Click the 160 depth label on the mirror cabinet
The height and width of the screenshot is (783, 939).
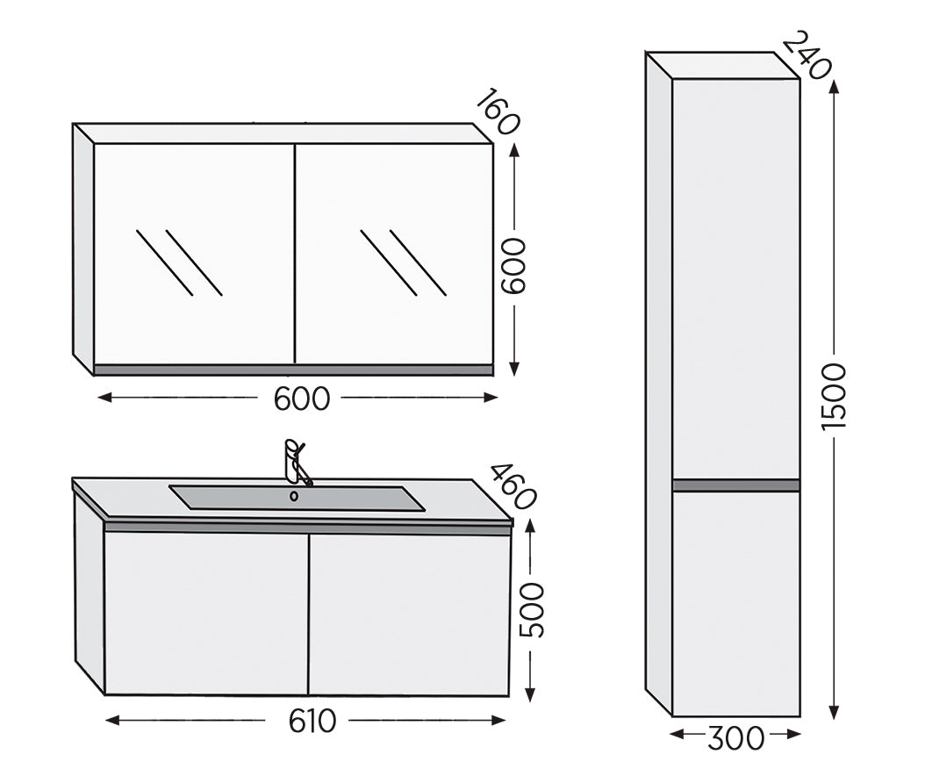(x=497, y=111)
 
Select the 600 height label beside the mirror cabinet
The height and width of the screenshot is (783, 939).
(x=513, y=266)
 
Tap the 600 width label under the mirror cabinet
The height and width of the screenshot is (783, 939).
(x=301, y=399)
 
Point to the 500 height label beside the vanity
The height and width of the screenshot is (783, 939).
(x=532, y=610)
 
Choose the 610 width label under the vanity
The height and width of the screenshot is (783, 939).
(x=312, y=721)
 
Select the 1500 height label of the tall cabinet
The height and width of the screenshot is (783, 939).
(x=833, y=396)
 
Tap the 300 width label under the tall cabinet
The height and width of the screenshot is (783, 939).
(x=735, y=738)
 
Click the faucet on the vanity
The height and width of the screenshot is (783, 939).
(x=295, y=462)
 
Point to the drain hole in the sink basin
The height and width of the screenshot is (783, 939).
(x=294, y=496)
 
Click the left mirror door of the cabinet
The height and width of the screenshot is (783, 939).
(x=194, y=254)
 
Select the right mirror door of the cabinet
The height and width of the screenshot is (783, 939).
(x=395, y=254)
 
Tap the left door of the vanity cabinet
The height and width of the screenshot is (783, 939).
(x=206, y=614)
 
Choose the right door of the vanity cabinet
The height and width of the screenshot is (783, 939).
(x=409, y=614)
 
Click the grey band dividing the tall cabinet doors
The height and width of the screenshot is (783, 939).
(x=736, y=485)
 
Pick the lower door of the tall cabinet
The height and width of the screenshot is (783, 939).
(x=736, y=604)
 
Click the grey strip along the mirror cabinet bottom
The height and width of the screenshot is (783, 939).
(x=293, y=370)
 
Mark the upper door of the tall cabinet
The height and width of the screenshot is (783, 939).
(x=736, y=279)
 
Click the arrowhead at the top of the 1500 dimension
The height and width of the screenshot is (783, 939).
(x=834, y=86)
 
